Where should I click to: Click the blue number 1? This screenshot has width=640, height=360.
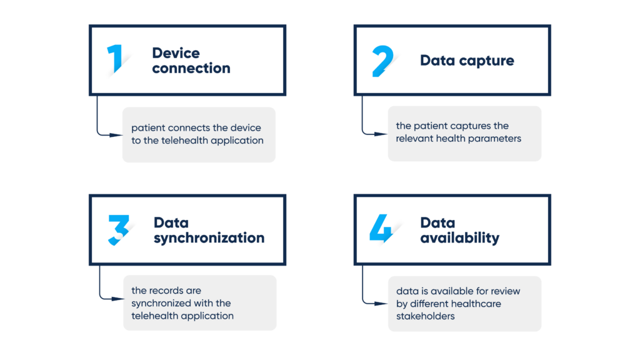[116, 58]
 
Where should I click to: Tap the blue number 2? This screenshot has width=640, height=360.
[382, 61]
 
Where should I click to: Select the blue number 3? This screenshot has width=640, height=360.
[118, 230]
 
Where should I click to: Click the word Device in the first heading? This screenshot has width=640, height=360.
[176, 53]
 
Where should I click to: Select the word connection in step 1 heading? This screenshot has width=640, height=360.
[191, 68]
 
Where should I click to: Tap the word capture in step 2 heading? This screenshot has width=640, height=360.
[486, 61]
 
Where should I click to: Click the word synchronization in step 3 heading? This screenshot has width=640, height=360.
[209, 238]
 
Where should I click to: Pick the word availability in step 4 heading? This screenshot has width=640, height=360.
[460, 238]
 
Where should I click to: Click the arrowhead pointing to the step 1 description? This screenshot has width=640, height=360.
[116, 135]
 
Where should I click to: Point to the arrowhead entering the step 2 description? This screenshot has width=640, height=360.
[381, 134]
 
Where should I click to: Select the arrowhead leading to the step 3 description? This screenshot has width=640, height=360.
[117, 299]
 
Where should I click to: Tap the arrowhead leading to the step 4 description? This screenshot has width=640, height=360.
[381, 304]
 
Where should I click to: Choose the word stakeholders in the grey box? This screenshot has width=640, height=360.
[425, 316]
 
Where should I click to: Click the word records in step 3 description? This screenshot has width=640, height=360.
[166, 291]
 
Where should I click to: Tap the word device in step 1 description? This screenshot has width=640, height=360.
[246, 127]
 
